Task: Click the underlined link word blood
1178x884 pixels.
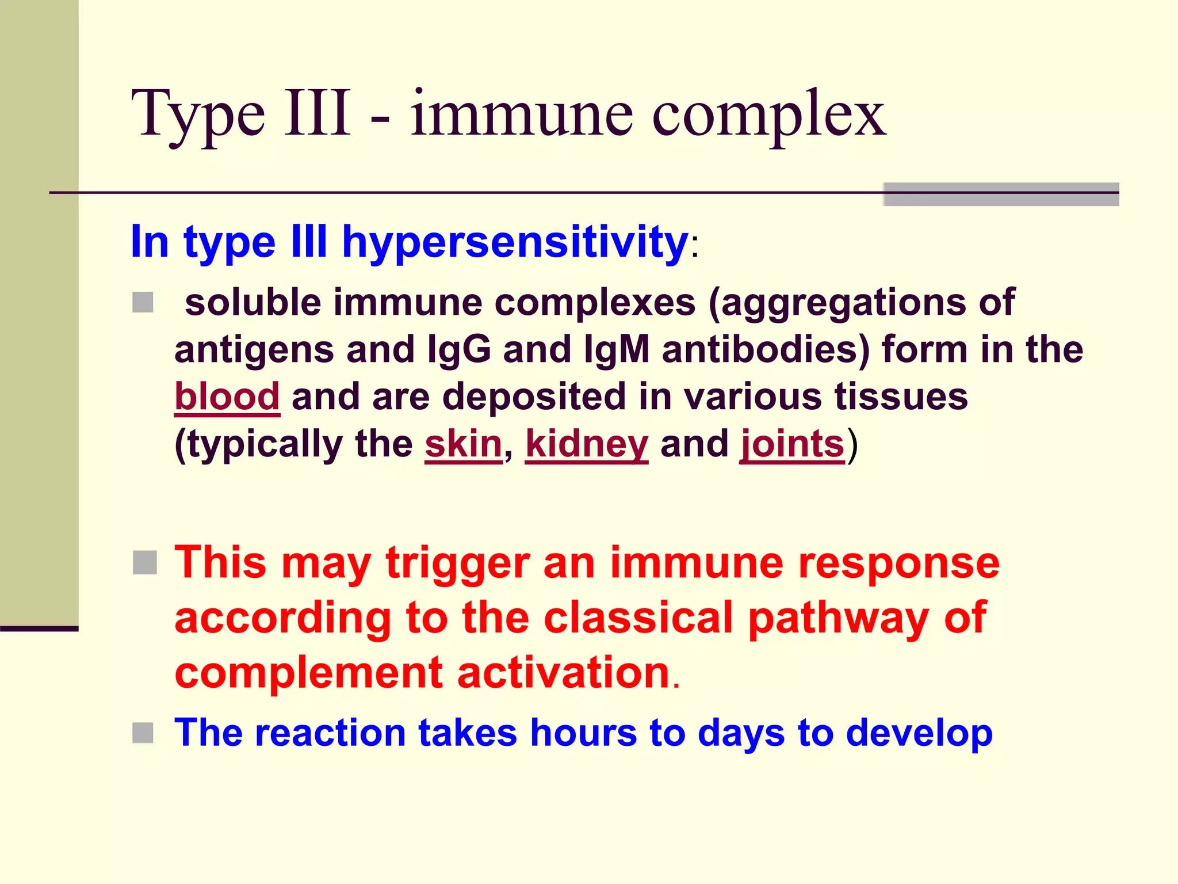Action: tap(227, 397)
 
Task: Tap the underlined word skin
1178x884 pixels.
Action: tap(464, 444)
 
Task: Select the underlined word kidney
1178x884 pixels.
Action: tap(587, 444)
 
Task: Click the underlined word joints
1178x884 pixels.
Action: tap(792, 444)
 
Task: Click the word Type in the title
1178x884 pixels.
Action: tap(198, 115)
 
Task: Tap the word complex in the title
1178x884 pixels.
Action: tap(768, 115)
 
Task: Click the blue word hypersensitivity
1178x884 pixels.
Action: tap(515, 242)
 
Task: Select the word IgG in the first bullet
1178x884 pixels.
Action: tap(459, 349)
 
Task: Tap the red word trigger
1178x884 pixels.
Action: tap(458, 563)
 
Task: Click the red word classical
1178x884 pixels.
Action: tap(638, 618)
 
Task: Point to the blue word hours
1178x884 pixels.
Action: tap(583, 733)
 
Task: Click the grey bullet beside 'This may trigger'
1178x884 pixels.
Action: tap(144, 562)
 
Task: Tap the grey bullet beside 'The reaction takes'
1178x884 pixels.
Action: tap(143, 733)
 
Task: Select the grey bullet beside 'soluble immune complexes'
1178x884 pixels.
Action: tap(143, 302)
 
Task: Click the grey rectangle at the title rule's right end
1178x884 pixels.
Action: tap(1001, 195)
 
